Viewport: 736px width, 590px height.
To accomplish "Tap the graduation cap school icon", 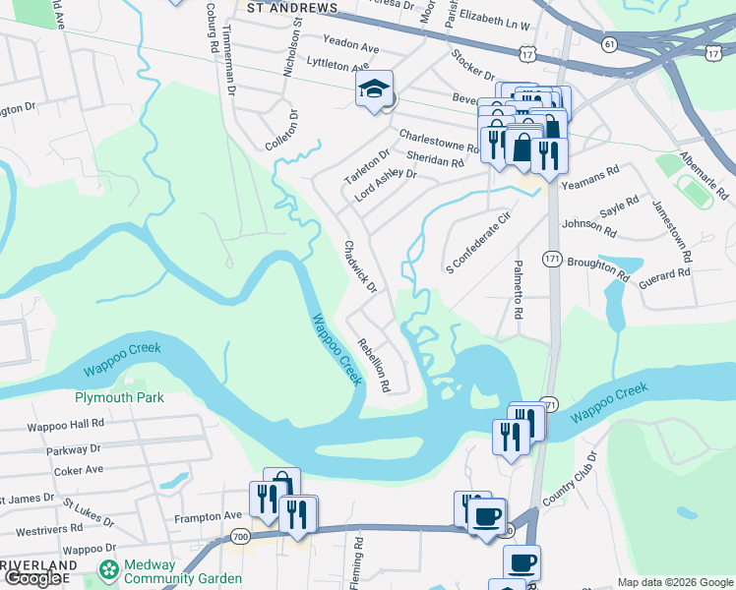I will click(x=374, y=89).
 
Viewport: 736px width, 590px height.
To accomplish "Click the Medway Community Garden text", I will click(x=182, y=571).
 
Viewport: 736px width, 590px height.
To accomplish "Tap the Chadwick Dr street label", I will click(x=359, y=265).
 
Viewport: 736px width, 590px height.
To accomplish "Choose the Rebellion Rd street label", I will click(x=374, y=365).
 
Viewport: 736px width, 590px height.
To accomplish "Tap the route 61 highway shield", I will click(x=610, y=44).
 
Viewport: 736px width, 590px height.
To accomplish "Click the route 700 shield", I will click(x=240, y=535).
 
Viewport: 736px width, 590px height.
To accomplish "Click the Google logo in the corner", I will click(x=34, y=578).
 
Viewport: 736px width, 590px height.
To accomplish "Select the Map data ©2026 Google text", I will click(x=674, y=582).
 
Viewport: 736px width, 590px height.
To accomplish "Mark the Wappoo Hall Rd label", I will click(x=67, y=424).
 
